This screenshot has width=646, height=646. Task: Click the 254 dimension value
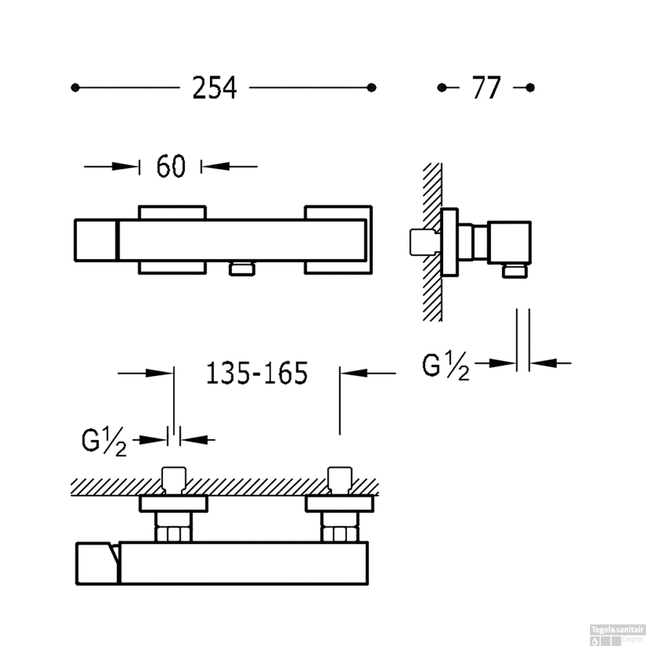[214, 88]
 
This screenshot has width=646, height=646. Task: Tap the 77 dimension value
[487, 88]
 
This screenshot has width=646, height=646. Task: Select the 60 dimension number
[171, 166]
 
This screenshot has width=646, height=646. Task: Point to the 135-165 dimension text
[257, 373]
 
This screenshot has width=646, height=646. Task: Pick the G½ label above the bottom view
[104, 442]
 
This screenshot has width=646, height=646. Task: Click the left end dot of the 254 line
[75, 88]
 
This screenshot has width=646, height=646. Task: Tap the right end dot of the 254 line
[372, 88]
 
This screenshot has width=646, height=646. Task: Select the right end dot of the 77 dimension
[530, 88]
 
